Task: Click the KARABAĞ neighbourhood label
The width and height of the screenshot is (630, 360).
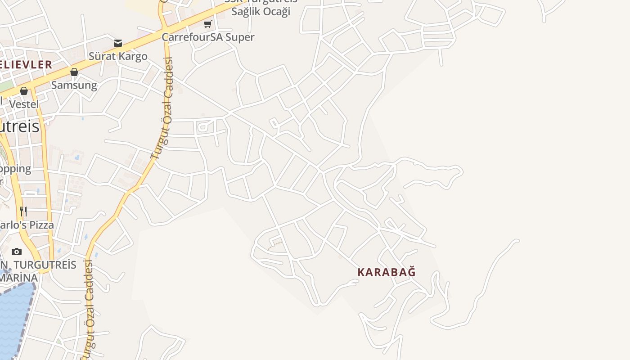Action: pos(387,272)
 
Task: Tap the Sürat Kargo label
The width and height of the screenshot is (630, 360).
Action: pos(118,56)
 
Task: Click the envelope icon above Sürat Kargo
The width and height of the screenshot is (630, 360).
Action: pos(118,43)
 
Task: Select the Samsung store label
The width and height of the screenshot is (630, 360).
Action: pos(74,85)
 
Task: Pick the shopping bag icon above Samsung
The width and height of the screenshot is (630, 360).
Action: pos(74,72)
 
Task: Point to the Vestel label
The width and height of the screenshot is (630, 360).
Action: pos(24,104)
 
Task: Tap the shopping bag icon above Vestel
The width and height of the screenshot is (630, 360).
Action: pos(24,91)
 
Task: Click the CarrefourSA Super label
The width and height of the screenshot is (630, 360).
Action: pos(208,37)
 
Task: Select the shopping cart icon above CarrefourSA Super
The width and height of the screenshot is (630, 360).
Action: pos(207,24)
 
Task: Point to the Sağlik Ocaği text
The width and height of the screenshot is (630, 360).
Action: pos(261,12)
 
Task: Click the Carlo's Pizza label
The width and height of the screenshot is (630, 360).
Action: pos(27,225)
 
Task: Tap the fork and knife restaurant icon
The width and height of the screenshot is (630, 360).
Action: pos(23,211)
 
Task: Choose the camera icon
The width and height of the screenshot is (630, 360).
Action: pos(17,252)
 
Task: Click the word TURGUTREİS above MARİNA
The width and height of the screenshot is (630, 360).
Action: pos(45,265)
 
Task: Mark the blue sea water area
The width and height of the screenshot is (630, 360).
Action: pos(13,315)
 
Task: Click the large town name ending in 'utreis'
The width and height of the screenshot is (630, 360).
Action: pos(20,127)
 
